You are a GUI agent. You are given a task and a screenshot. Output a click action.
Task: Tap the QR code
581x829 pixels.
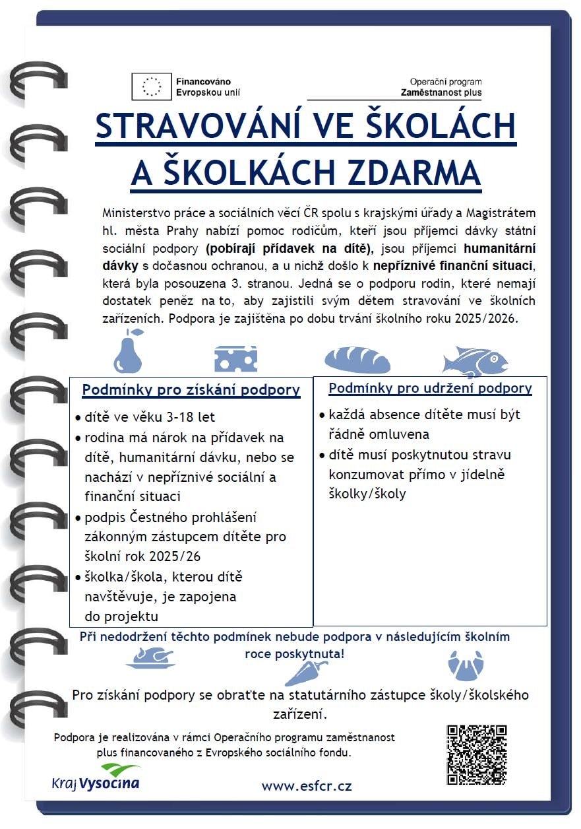pos(476,754)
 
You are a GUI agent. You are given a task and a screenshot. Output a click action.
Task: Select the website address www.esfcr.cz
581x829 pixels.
pos(307,786)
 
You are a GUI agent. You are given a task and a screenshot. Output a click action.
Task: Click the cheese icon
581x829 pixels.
pos(235,358)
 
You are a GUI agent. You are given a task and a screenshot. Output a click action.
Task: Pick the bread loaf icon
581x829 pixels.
pos(357,360)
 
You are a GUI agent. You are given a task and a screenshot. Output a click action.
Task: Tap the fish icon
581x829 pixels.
pos(475,360)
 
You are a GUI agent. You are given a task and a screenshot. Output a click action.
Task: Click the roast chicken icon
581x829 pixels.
pos(150,657)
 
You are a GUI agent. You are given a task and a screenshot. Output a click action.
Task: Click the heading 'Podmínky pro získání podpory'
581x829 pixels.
pos(191,390)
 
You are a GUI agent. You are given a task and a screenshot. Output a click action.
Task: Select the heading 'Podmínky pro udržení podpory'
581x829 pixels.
pos(430,388)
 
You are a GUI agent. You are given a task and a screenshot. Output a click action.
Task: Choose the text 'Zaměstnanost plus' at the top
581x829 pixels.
pos(441,93)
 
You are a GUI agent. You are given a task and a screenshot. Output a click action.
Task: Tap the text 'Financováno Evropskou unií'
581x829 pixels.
pos(203,86)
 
